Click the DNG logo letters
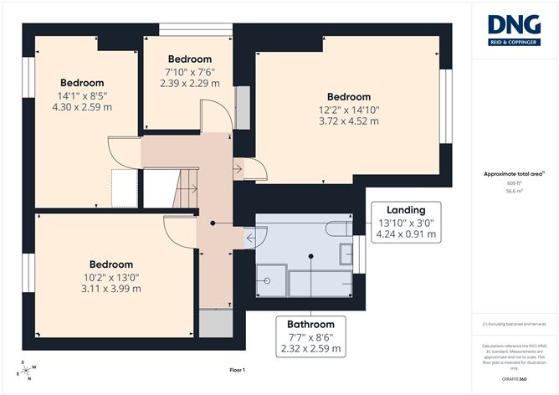[x=515, y=23]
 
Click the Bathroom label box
[x=310, y=336]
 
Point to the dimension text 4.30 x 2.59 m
[x=82, y=107]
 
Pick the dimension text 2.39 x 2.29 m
[x=189, y=83]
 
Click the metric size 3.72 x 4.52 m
[x=350, y=121]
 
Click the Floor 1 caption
[x=238, y=369]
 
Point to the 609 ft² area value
[x=515, y=182]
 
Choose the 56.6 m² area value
[x=515, y=191]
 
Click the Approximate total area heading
[x=514, y=173]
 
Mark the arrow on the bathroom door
[x=251, y=239]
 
